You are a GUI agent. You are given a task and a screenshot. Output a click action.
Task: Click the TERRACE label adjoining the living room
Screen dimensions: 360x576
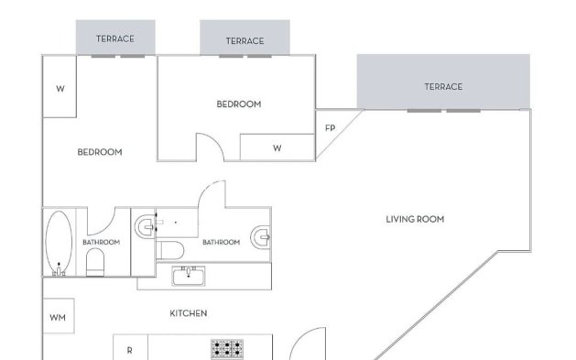(442, 87)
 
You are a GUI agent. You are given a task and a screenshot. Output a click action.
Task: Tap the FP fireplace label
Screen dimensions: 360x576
(330, 127)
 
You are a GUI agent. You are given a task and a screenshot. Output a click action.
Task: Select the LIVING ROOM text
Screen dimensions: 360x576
(415, 219)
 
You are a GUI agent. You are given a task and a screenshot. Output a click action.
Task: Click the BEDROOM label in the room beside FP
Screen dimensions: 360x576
(238, 104)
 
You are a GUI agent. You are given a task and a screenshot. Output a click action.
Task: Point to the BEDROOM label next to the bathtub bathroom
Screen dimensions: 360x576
(99, 152)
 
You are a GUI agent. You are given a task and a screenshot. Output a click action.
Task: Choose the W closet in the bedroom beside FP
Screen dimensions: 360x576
(277, 147)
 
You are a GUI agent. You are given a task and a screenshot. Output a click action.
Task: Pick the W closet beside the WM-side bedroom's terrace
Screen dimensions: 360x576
(60, 90)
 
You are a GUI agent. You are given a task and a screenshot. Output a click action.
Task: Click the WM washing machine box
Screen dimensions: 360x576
(58, 318)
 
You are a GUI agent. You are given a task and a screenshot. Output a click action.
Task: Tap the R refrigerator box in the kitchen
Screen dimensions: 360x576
(129, 349)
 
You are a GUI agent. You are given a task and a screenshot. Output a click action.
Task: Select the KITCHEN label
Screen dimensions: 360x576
(188, 313)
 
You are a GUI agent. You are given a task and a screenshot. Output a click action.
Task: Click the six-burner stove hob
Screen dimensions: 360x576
(227, 349)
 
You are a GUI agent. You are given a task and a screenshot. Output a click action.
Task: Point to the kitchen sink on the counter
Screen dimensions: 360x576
(192, 275)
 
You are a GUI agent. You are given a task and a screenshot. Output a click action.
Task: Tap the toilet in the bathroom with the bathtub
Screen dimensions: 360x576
(94, 264)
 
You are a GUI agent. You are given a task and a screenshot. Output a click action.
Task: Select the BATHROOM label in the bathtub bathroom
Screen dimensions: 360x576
(101, 242)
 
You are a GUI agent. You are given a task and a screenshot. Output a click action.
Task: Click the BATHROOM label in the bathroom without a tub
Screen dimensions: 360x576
(221, 242)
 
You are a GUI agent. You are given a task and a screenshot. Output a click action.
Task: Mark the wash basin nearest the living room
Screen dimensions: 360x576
(262, 238)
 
